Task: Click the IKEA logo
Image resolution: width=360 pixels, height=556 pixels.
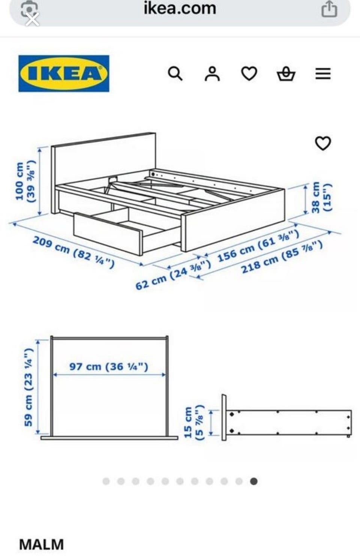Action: coord(64,74)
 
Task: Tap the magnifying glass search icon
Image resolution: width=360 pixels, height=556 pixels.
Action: coord(175,74)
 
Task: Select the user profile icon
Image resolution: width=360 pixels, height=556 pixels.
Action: coord(212,74)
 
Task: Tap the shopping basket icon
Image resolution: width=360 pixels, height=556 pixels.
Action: coord(286,74)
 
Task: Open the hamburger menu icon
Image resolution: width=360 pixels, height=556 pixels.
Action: coord(323,74)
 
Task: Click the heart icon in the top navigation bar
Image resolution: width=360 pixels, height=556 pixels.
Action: coord(249,74)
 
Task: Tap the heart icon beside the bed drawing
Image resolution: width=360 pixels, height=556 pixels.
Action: coord(323,143)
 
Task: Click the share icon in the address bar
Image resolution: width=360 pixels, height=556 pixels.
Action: coord(329,9)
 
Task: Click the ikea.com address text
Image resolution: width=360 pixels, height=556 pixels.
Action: coord(180,8)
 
